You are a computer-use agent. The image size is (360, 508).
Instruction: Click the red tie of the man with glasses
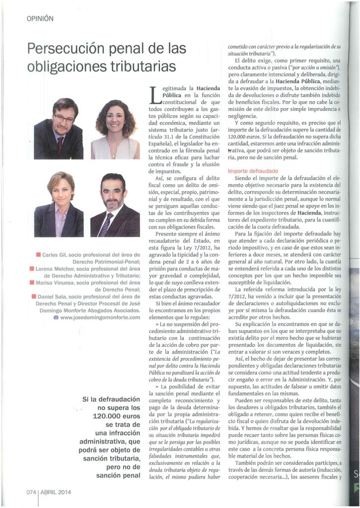click(x=61, y=145)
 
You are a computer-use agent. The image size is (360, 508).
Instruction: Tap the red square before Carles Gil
click(x=39, y=255)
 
